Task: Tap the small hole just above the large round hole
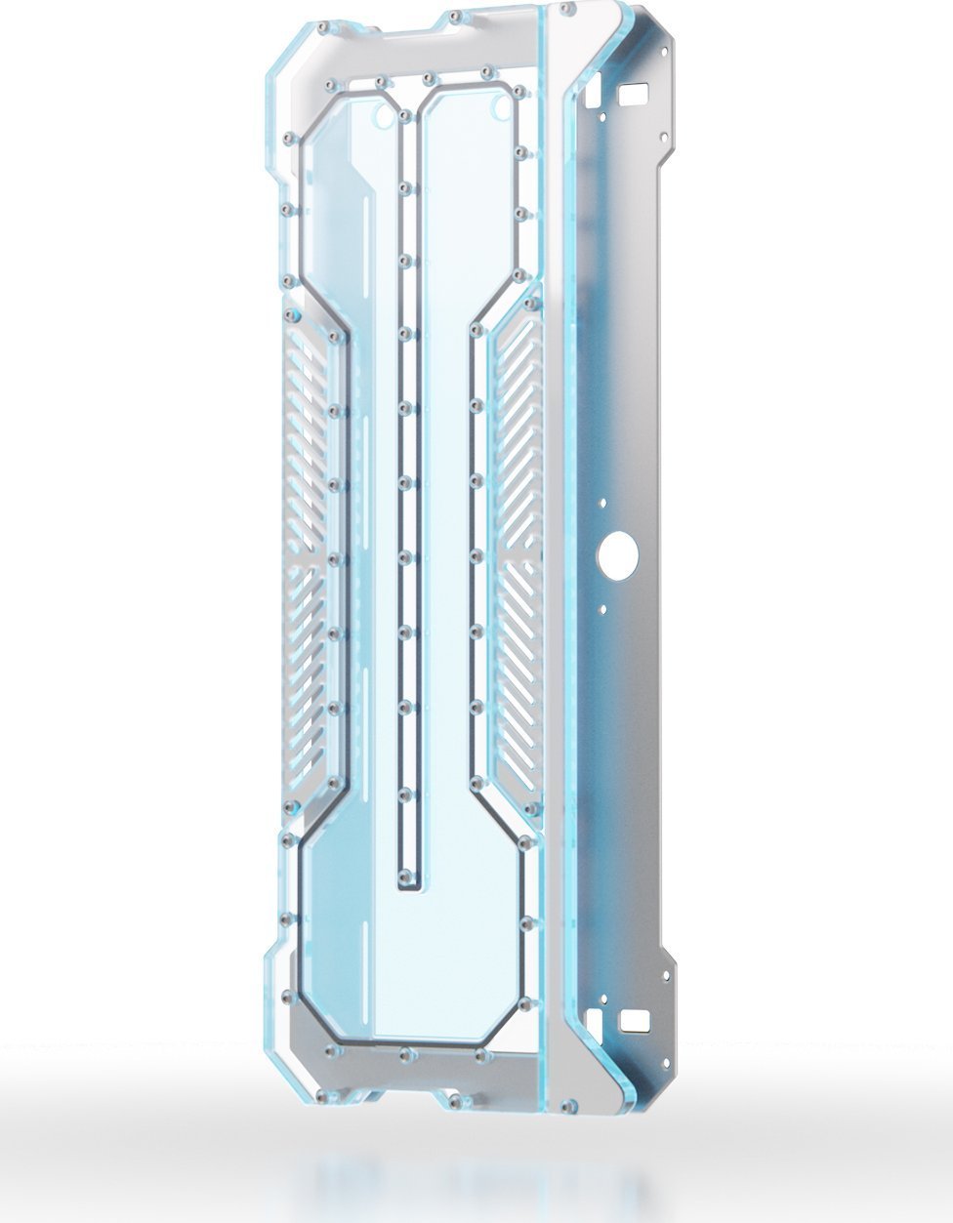point(602,502)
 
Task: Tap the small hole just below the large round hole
point(602,609)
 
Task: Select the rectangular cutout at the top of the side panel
point(636,95)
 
